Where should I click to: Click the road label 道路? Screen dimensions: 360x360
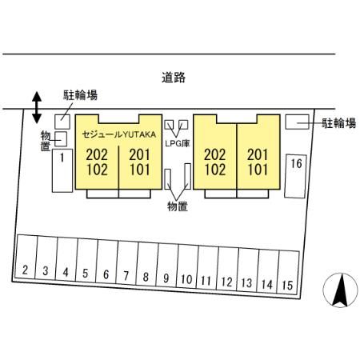pyautogui.click(x=174, y=78)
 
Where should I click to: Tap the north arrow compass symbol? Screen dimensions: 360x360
pyautogui.click(x=340, y=290)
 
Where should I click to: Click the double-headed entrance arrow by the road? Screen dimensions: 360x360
pyautogui.click(x=37, y=107)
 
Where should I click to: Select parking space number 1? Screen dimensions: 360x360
pyautogui.click(x=62, y=170)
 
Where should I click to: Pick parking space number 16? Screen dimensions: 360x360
pyautogui.click(x=295, y=176)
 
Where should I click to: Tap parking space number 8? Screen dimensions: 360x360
pyautogui.click(x=146, y=264)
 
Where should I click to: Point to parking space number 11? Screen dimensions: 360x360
pyautogui.click(x=207, y=268)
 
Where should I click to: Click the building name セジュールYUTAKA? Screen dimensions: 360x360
pyautogui.click(x=119, y=134)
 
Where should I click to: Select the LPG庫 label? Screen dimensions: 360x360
pyautogui.click(x=178, y=144)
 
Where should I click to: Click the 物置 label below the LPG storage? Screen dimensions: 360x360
pyautogui.click(x=178, y=206)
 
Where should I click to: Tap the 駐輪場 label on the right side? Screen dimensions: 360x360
pyautogui.click(x=338, y=123)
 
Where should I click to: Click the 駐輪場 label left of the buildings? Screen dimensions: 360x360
pyautogui.click(x=80, y=95)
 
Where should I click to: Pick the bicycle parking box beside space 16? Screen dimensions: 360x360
pyautogui.click(x=297, y=122)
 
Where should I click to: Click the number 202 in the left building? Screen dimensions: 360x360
pyautogui.click(x=97, y=155)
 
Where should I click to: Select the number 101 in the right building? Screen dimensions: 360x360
pyautogui.click(x=258, y=170)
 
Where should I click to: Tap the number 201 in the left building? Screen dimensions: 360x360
pyautogui.click(x=139, y=155)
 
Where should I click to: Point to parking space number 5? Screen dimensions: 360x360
pyautogui.click(x=86, y=261)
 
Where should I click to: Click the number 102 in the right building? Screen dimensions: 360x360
pyautogui.click(x=215, y=170)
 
